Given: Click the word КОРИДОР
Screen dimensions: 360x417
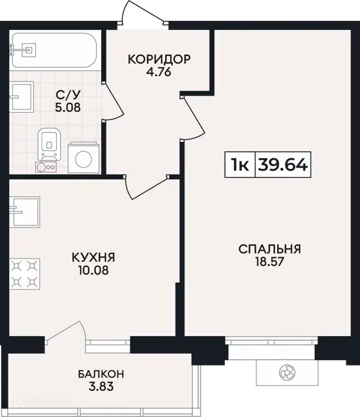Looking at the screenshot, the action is point(159,59).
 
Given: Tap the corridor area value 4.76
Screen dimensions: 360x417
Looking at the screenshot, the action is point(158,72).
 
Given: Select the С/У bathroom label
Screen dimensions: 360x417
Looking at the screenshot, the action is point(68,94).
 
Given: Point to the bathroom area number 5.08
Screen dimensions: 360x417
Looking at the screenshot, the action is point(68,108).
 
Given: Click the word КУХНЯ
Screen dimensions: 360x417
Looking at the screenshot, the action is point(93,257).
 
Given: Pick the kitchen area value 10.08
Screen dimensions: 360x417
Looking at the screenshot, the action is point(93,270).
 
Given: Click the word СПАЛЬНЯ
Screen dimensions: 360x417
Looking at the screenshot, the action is point(269,249).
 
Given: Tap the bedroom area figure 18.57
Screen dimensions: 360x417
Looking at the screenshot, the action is point(270,262).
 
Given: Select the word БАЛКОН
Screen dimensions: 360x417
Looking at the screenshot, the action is point(101,374).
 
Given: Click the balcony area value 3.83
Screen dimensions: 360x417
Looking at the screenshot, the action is point(101,386).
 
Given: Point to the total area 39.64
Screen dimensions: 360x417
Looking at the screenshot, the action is point(283,165).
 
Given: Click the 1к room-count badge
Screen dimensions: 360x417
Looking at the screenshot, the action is point(240,165).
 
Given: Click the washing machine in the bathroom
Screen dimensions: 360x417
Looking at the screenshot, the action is point(83,158).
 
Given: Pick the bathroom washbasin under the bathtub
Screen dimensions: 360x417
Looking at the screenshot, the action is point(22,97).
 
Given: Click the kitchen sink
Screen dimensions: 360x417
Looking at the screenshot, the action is point(25,212).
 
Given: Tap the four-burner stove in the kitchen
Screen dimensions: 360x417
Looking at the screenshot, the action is point(25,274).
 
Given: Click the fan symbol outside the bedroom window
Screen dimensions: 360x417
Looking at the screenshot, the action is point(288,372).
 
